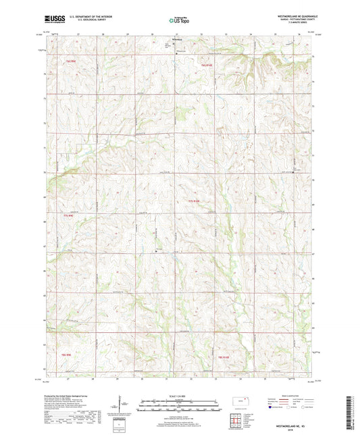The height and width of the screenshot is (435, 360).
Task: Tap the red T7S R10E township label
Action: coord(195,201)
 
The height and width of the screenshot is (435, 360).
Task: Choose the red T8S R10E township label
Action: coord(224,356)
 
